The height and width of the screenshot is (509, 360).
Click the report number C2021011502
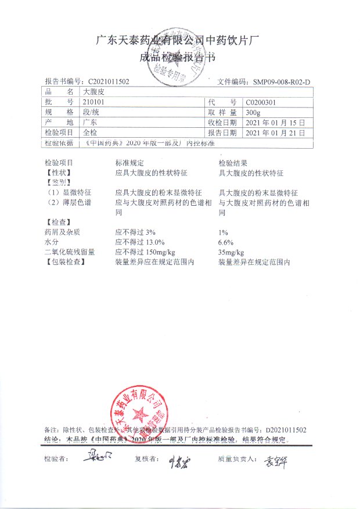click(109, 82)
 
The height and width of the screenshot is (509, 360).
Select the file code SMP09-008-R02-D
click(282, 82)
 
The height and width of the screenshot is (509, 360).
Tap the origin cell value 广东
click(90, 123)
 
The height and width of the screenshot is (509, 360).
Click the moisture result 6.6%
click(225, 242)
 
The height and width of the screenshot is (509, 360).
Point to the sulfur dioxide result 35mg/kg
click(231, 252)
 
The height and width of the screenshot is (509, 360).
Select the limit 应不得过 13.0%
click(140, 242)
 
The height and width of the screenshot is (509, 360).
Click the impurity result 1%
click(223, 232)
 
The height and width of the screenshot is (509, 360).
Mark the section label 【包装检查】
click(65, 263)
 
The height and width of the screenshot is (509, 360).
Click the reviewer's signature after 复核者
click(178, 460)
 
